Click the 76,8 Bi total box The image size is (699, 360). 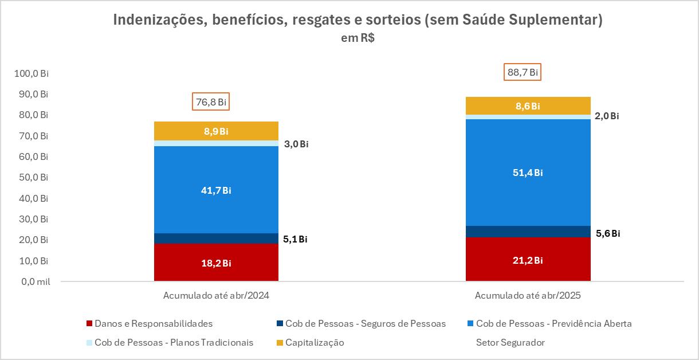click(x=211, y=102)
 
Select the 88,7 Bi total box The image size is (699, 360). click(x=523, y=72)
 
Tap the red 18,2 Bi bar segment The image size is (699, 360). click(x=216, y=263)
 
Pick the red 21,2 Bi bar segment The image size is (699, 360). click(x=528, y=260)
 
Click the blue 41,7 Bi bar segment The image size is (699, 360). click(x=216, y=190)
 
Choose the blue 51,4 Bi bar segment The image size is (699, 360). click(x=528, y=173)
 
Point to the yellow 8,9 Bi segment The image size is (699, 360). click(x=216, y=131)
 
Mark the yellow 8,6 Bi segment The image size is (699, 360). click(x=528, y=106)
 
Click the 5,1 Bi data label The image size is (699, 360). click(x=296, y=239)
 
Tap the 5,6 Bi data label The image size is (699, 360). click(x=607, y=233)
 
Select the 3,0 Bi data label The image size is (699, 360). click(x=296, y=144)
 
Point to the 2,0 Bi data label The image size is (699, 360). click(x=607, y=116)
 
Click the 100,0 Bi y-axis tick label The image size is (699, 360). click(x=32, y=73)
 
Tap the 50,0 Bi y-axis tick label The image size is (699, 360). click(x=33, y=178)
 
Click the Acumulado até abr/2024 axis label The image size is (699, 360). click(x=216, y=296)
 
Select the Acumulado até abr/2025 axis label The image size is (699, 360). click(x=528, y=296)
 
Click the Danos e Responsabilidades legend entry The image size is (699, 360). click(x=154, y=323)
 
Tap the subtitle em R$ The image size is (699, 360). click(x=349, y=38)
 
